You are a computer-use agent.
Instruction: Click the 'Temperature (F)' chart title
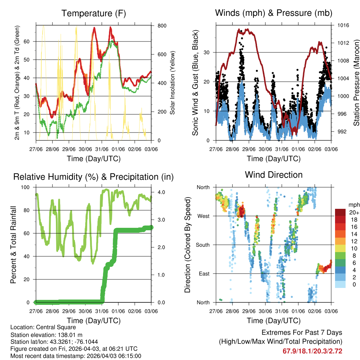(x=94, y=13)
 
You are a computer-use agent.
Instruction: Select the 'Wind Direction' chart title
(x=274, y=175)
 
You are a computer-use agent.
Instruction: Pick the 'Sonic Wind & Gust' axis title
(x=195, y=83)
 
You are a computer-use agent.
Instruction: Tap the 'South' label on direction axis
(x=202, y=245)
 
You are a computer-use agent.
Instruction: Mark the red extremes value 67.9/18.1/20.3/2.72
(x=312, y=351)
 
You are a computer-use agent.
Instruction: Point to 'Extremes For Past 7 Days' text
(x=302, y=333)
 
